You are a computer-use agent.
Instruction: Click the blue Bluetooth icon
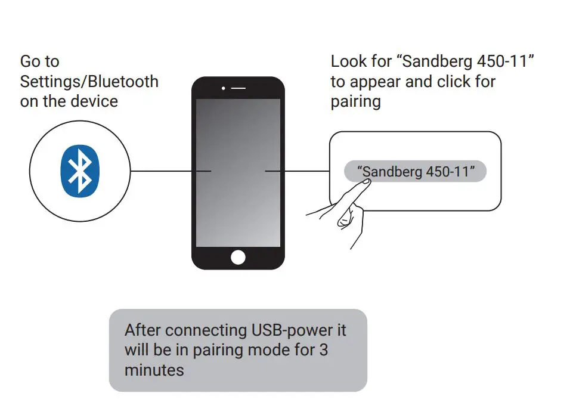coord(80,171)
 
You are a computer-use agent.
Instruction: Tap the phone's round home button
coord(238,257)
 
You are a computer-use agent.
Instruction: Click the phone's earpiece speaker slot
coord(239,88)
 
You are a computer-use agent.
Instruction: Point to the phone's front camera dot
coord(223,88)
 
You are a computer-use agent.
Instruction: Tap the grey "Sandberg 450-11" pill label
coord(416,172)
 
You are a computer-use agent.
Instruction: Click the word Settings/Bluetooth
coord(89,81)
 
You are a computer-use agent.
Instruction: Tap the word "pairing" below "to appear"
coord(355,101)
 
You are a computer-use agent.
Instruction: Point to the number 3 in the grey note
coord(323,350)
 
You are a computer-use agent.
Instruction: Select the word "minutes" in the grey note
coord(154,370)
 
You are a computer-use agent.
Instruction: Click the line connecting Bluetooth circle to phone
coord(171,171)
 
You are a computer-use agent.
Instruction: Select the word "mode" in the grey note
coord(270,350)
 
